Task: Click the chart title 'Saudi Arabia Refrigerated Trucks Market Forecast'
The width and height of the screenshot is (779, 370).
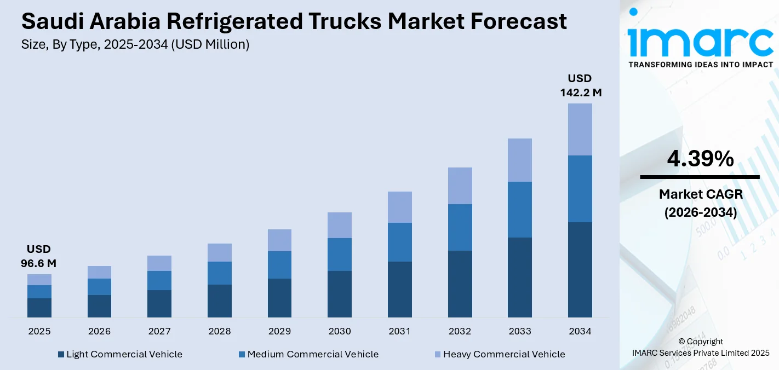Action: [294, 22]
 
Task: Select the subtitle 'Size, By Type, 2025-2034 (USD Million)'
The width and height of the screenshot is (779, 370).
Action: [135, 45]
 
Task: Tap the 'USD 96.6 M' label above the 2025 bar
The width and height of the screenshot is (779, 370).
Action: [39, 256]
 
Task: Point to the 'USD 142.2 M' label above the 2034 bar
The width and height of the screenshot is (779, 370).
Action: [580, 85]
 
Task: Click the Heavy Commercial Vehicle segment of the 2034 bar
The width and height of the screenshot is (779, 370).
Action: [580, 129]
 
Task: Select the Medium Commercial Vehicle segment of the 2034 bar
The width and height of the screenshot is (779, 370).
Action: [580, 189]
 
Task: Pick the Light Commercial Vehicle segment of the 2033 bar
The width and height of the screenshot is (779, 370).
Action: [519, 277]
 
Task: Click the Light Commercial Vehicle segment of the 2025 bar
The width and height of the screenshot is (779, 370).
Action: [39, 308]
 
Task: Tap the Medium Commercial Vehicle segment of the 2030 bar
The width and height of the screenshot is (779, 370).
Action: [340, 255]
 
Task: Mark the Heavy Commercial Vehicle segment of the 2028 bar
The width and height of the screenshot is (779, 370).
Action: [220, 252]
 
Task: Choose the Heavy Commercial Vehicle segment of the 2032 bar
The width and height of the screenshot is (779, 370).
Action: [460, 186]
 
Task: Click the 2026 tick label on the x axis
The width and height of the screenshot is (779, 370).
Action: [99, 331]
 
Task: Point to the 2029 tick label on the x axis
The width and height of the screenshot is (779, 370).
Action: [279, 331]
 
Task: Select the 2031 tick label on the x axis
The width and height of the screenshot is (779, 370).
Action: [399, 331]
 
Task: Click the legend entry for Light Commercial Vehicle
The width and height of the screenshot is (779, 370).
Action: [120, 354]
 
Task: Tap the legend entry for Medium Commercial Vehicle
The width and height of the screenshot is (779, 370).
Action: [308, 354]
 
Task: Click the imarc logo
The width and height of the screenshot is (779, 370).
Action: [701, 38]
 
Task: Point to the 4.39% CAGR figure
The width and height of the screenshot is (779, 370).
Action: [700, 159]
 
